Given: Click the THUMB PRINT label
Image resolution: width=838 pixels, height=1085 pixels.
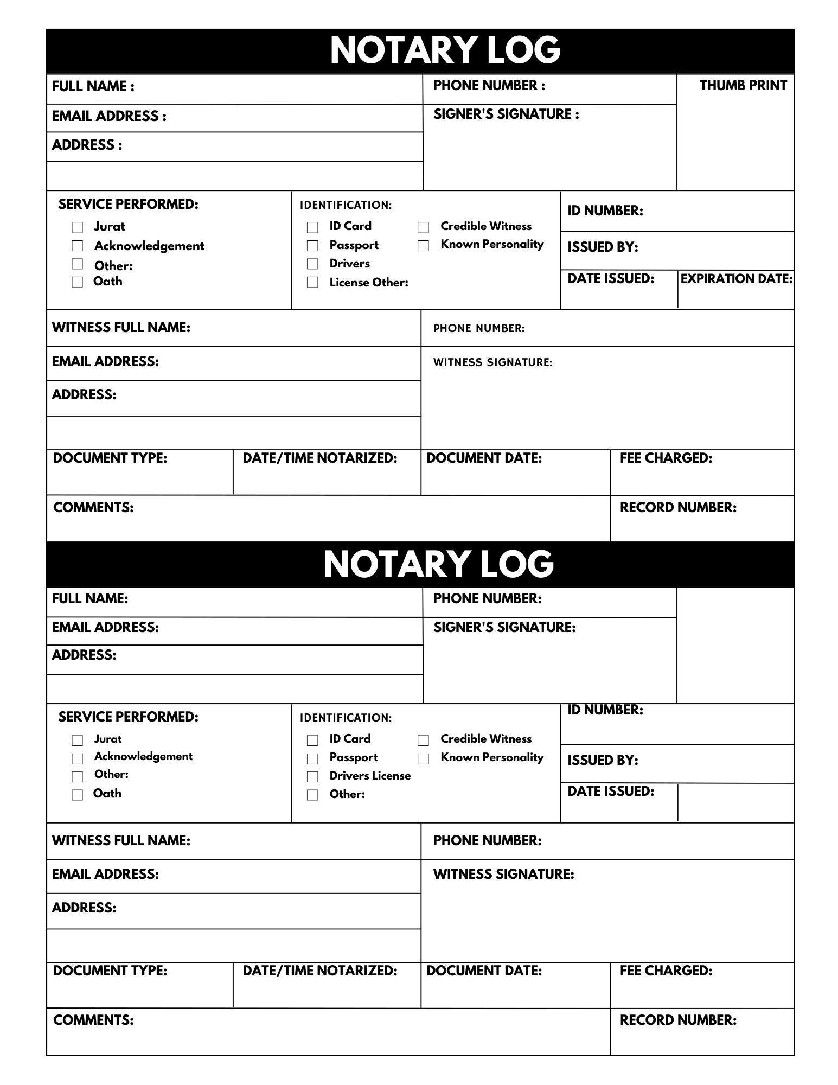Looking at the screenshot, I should click(743, 86).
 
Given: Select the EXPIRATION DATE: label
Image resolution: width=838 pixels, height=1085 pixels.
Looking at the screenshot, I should click(736, 279).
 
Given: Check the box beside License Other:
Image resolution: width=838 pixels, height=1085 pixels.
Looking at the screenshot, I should click(312, 282).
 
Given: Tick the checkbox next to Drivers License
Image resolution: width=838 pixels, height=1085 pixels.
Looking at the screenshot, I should click(312, 776).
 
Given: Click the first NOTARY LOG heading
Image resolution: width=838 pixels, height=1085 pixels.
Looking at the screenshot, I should click(445, 50).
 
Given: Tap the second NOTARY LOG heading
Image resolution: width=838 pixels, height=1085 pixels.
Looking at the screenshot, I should click(438, 564).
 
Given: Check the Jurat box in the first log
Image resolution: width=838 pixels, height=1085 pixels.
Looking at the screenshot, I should click(78, 227).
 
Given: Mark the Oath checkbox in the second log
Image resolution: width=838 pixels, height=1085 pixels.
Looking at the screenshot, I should click(78, 795).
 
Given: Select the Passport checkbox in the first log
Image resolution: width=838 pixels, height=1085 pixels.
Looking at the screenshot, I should click(312, 246).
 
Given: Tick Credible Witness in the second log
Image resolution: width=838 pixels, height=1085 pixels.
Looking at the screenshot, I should click(424, 740).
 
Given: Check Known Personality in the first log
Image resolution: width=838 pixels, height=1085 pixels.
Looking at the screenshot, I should click(424, 246).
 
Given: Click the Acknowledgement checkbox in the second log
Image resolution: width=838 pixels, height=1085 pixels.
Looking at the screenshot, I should click(78, 758).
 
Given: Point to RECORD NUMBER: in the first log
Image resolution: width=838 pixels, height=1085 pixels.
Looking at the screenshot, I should click(678, 508).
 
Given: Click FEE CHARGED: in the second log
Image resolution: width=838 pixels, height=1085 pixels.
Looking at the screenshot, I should click(666, 971).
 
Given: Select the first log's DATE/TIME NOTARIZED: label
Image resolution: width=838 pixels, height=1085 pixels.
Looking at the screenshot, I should click(320, 458).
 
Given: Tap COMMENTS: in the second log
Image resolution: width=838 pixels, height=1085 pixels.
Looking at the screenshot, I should click(93, 1020).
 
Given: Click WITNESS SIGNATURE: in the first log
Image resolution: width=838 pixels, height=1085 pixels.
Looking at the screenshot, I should click(492, 362).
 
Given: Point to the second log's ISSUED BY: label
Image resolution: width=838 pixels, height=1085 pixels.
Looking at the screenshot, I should click(603, 760).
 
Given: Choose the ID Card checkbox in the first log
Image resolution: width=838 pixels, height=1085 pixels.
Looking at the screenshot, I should click(312, 227).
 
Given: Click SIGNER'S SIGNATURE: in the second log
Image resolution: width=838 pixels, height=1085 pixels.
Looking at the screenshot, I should click(504, 627).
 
